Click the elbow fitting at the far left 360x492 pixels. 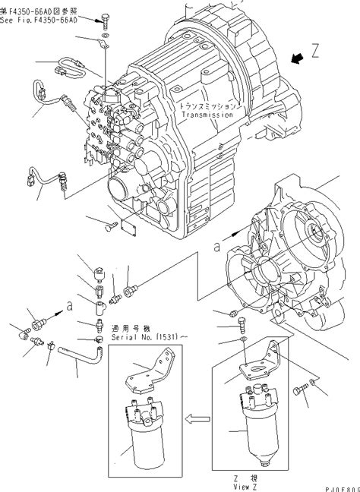(x=24, y=331)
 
